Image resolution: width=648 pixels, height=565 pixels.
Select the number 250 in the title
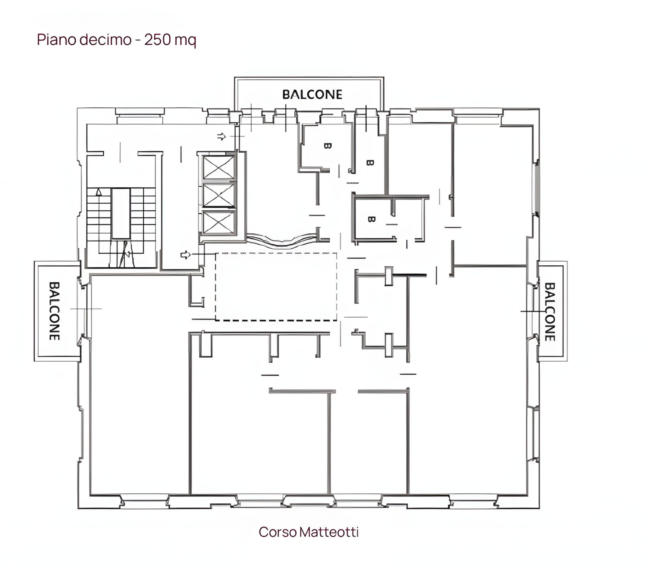[x=157, y=40]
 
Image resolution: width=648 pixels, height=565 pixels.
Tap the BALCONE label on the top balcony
[x=312, y=94]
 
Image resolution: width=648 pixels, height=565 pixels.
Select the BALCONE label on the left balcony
[x=54, y=311]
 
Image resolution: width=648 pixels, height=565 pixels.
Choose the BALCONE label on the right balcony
[x=550, y=312]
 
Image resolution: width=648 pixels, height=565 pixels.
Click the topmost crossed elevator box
[x=219, y=167]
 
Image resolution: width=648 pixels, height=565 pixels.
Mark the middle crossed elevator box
[x=219, y=195]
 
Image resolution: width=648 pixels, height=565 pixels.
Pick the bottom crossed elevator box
[x=219, y=222]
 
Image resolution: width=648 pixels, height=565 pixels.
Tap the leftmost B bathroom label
[x=328, y=146]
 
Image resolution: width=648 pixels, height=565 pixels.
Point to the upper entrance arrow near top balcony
[x=221, y=136]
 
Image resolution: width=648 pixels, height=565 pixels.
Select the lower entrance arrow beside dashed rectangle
[x=185, y=255]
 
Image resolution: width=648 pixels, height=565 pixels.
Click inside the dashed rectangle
[x=276, y=286]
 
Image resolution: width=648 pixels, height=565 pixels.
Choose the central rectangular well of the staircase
[x=121, y=213]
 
